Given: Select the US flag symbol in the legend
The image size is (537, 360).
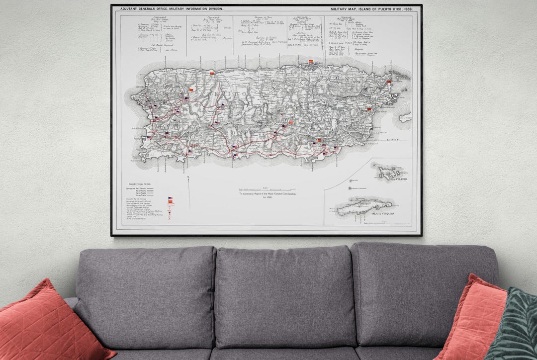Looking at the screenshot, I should (x=170, y=198).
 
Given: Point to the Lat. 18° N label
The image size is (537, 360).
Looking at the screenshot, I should (x=395, y=140).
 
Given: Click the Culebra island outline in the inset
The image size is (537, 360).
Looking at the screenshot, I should (x=386, y=173).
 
